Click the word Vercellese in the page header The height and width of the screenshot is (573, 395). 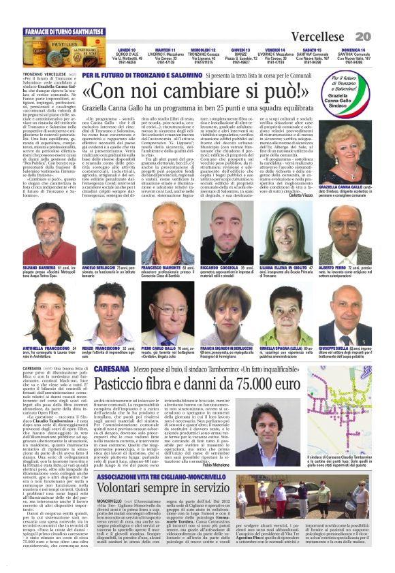point(320,35)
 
